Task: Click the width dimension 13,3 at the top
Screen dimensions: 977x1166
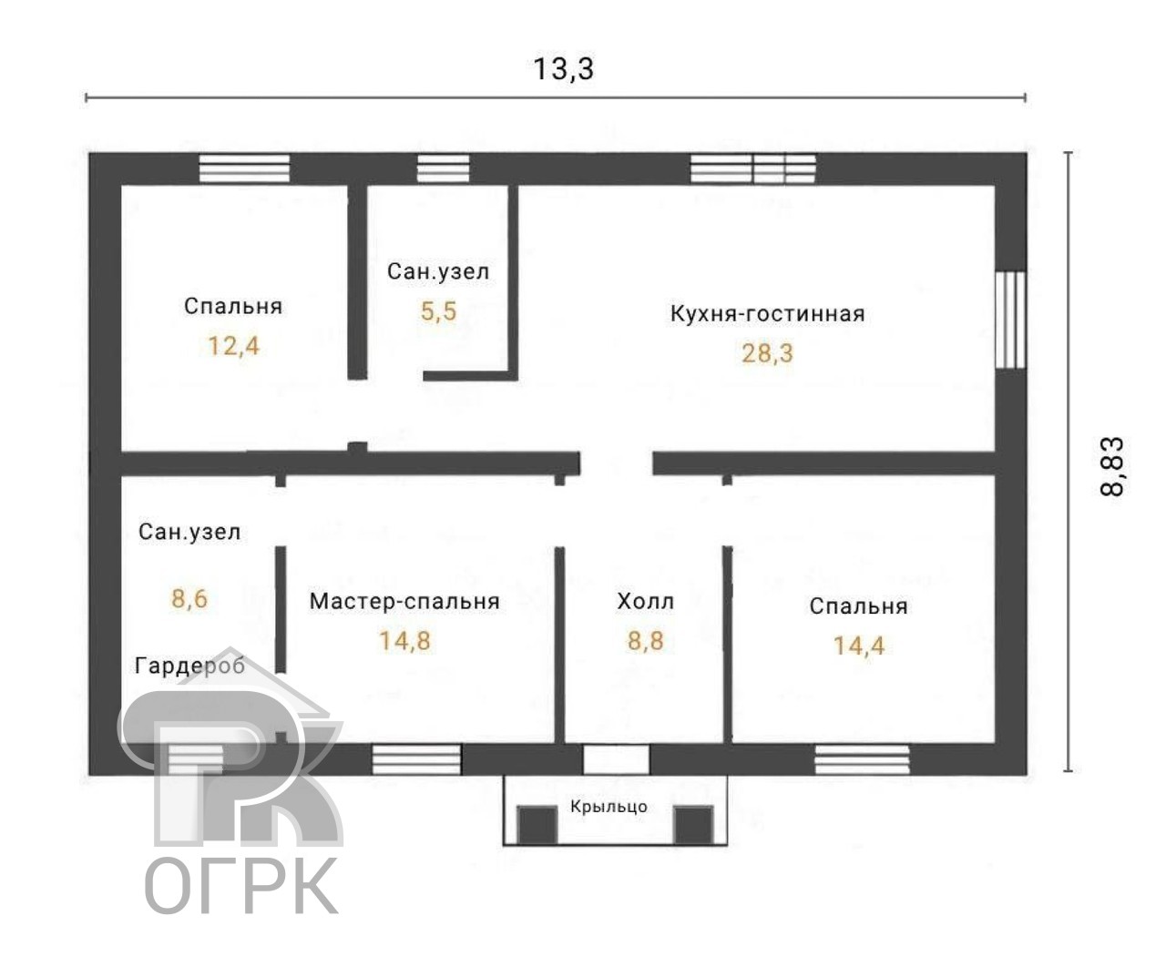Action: (x=563, y=68)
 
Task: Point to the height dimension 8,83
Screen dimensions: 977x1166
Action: (x=1113, y=466)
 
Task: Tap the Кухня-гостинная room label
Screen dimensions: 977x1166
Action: (x=767, y=314)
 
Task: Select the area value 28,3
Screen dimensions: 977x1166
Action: (x=767, y=353)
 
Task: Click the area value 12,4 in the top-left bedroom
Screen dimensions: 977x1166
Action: (x=233, y=346)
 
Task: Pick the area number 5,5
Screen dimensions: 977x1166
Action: (x=438, y=311)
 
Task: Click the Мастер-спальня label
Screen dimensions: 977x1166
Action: (x=404, y=601)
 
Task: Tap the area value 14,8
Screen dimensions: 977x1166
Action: (x=404, y=641)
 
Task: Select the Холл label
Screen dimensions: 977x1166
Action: (x=645, y=601)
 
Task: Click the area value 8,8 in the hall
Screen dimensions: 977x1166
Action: (x=645, y=641)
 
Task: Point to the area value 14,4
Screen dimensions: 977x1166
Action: (x=858, y=646)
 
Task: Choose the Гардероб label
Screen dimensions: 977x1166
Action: (x=189, y=666)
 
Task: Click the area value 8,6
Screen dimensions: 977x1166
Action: (x=189, y=598)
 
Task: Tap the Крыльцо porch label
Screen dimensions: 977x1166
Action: (x=609, y=807)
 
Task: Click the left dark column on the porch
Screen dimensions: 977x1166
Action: (x=537, y=825)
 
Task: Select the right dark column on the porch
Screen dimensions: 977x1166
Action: (x=692, y=825)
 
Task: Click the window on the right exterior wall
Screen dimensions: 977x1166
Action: (x=1009, y=320)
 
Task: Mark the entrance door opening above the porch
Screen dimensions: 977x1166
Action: (x=616, y=759)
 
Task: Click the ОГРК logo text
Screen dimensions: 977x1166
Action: (x=241, y=885)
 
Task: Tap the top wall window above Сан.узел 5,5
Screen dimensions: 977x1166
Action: (x=444, y=169)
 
